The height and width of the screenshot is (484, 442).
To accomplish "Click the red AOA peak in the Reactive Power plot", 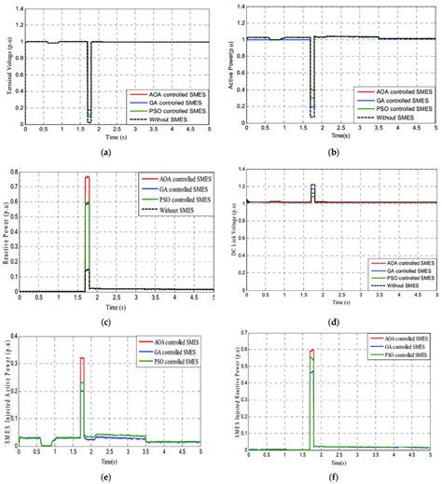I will tap(88, 177).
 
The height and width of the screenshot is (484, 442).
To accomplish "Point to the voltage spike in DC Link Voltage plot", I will tap(312, 185).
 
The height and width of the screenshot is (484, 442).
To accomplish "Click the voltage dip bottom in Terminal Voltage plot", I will tap(89, 119).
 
